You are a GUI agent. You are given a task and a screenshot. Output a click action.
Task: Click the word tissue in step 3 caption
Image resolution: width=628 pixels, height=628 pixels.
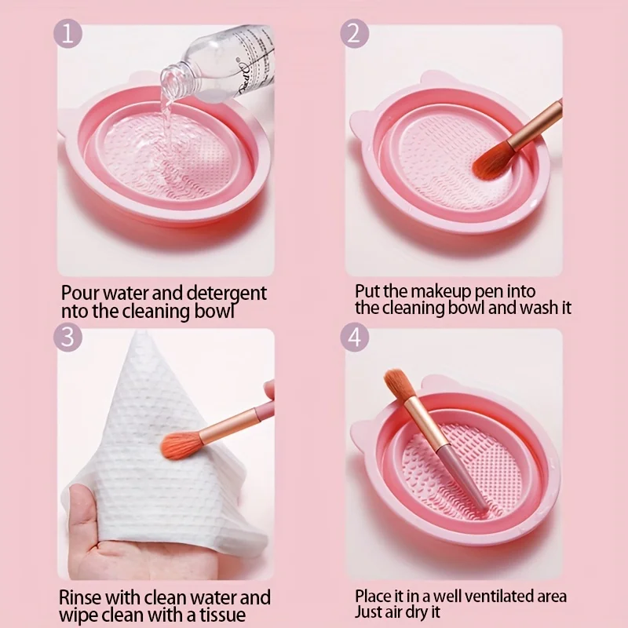point(222,615)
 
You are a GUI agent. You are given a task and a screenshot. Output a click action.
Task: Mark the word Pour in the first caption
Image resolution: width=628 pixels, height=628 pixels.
point(78,294)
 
